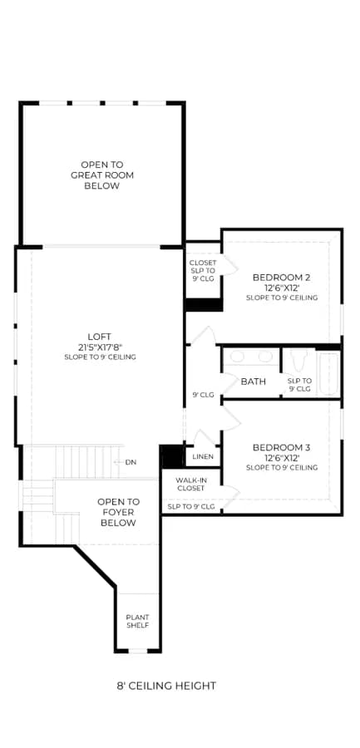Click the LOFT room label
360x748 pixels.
100,337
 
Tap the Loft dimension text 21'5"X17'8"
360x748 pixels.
100,347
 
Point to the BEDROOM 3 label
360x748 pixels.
281,447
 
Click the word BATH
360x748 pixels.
253,381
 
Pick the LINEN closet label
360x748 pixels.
203,457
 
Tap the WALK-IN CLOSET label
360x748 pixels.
190,485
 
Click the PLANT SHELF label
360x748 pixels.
137,621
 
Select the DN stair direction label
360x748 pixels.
131,462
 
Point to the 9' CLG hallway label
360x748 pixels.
203,395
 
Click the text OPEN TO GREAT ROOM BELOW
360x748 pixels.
102,175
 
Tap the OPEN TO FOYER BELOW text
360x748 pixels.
118,512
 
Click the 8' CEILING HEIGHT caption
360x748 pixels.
166,686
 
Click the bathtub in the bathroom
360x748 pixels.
329,374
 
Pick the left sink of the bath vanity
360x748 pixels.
238,357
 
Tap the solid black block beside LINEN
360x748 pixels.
172,456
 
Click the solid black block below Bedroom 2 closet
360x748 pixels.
204,305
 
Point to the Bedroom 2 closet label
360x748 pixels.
203,270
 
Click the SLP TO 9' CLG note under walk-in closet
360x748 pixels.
191,507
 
